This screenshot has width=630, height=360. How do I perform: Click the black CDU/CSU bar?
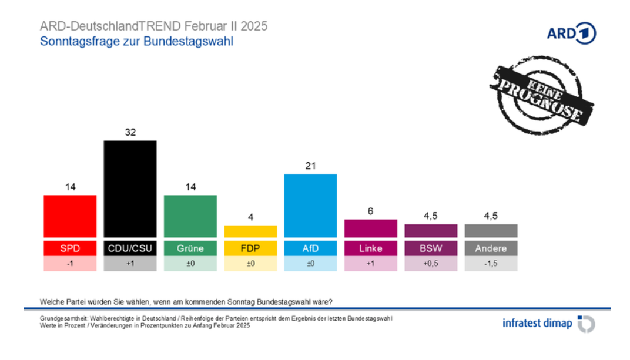tap(130, 188)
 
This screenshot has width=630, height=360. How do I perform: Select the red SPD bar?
tap(70, 216)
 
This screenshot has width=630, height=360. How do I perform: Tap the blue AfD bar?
tap(310, 205)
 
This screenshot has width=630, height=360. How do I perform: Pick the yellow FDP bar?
tap(250, 231)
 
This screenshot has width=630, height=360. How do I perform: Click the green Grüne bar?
tap(190, 216)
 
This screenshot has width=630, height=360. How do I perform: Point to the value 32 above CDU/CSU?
tap(130, 133)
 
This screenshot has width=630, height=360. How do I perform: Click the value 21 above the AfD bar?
tap(310, 166)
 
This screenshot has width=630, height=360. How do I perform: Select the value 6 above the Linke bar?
tap(370, 211)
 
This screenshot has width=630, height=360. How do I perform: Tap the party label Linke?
tap(370, 248)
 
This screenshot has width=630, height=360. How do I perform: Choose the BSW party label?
tap(431, 248)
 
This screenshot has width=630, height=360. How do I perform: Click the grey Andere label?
tap(491, 248)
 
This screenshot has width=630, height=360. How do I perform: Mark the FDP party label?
tap(250, 248)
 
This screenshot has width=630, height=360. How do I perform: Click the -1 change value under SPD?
tap(70, 264)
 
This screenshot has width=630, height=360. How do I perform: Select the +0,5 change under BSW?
tap(431, 264)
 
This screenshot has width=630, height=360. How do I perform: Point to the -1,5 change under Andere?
tap(491, 264)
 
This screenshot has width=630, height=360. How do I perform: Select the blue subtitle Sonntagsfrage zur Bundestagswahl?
tap(136, 42)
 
